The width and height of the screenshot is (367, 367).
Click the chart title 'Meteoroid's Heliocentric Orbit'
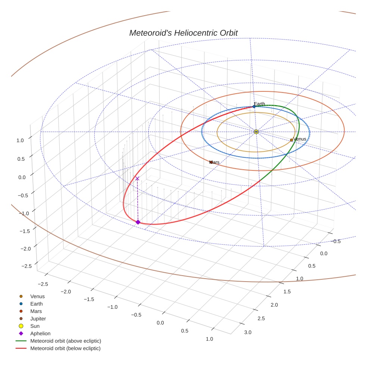pyautogui.click(x=183, y=33)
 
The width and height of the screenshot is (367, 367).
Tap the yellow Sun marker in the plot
pyautogui.click(x=256, y=132)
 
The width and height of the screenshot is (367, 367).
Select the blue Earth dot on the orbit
pyautogui.click(x=254, y=107)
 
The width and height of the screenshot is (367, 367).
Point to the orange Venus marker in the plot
pyautogui.click(x=291, y=140)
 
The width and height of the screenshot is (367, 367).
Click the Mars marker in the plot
pyautogui.click(x=211, y=162)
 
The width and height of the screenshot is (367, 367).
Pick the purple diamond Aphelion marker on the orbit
pyautogui.click(x=138, y=222)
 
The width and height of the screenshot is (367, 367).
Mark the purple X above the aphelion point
pyautogui.click(x=137, y=179)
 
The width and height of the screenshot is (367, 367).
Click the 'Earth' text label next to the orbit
pyautogui.click(x=259, y=104)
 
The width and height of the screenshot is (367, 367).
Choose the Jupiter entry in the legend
pyautogui.click(x=38, y=319)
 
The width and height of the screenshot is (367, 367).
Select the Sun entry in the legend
pyautogui.click(x=35, y=326)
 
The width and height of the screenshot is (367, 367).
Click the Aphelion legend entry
pyautogui.click(x=40, y=333)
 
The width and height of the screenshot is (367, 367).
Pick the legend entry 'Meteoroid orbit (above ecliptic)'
pyautogui.click(x=65, y=341)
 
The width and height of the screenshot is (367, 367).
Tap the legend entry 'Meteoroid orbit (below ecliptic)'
pyautogui.click(x=65, y=348)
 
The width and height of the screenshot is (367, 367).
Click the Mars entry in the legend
pyautogui.click(x=36, y=311)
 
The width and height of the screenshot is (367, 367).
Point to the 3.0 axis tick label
pyautogui.click(x=248, y=332)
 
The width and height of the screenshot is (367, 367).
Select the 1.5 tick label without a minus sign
pyautogui.click(x=287, y=291)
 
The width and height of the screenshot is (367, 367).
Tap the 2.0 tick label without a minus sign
pyautogui.click(x=274, y=305)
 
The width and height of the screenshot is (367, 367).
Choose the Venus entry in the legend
pyautogui.click(x=37, y=297)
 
